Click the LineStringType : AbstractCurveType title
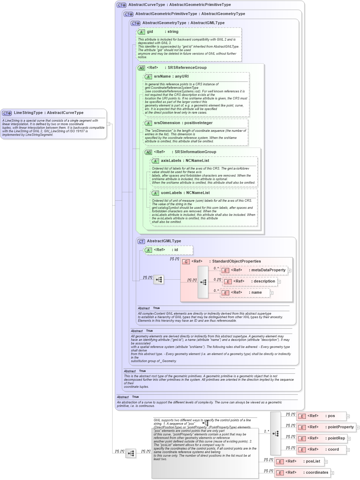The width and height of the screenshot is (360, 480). (49, 113)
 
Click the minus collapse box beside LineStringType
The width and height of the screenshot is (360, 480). (108, 124)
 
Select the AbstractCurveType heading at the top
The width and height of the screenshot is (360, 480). (179, 5)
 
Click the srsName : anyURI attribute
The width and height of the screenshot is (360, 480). (171, 77)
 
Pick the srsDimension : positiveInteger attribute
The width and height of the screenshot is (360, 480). (183, 123)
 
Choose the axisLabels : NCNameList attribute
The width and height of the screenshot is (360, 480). (185, 161)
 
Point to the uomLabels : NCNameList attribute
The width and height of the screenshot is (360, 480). (185, 193)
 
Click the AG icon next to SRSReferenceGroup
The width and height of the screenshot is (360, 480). (141, 68)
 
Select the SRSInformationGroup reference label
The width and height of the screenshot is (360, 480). (195, 152)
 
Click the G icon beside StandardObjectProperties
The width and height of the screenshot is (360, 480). (186, 262)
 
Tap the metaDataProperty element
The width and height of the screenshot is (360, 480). (268, 270)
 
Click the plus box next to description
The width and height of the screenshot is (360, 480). (279, 282)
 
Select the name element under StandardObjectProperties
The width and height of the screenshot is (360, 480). (256, 293)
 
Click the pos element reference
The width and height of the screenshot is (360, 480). (331, 416)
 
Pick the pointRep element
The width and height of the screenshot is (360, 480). (336, 438)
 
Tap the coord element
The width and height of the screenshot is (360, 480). (333, 450)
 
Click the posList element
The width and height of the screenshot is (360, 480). (312, 461)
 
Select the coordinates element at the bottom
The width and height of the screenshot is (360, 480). (317, 473)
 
